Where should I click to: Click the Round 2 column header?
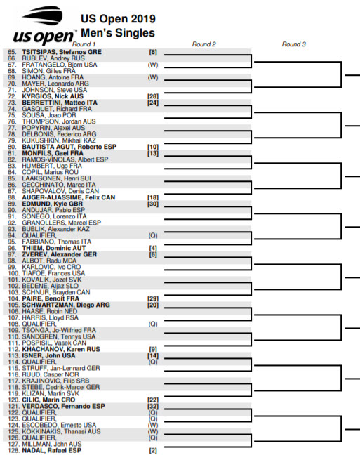204,44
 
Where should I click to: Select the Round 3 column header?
294,44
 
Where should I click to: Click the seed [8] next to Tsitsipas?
152,52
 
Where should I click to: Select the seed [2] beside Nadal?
152,450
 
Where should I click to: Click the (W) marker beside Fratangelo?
152,65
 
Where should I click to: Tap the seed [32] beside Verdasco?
152,406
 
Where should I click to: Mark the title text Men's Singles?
117,32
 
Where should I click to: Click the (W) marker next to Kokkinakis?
152,431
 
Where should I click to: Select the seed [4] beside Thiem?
152,248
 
